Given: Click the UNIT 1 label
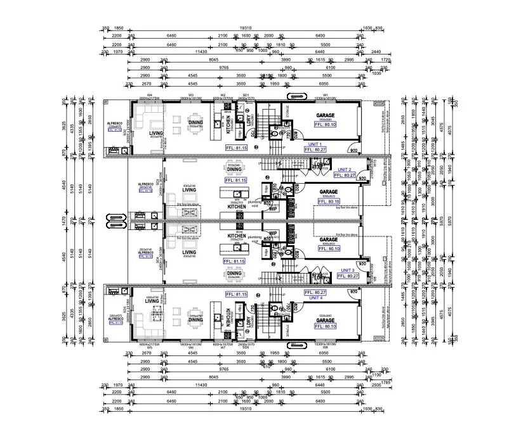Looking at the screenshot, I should pos(315,144).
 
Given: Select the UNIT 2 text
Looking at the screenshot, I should pos(345,170).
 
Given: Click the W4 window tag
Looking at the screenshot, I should pos(150,95).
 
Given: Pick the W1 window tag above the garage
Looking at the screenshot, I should pos(325,95).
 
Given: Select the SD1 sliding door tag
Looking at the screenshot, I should pos(246,95).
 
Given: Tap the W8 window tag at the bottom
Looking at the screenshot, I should pos(325,347).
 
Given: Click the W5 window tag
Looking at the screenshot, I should pos(150,347).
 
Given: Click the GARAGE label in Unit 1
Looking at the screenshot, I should pos(326,116).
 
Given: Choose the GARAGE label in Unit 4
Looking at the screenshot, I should pos(326,321).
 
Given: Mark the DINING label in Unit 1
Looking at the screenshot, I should pos(195,123).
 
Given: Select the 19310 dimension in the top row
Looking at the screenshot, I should pos(246,28).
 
